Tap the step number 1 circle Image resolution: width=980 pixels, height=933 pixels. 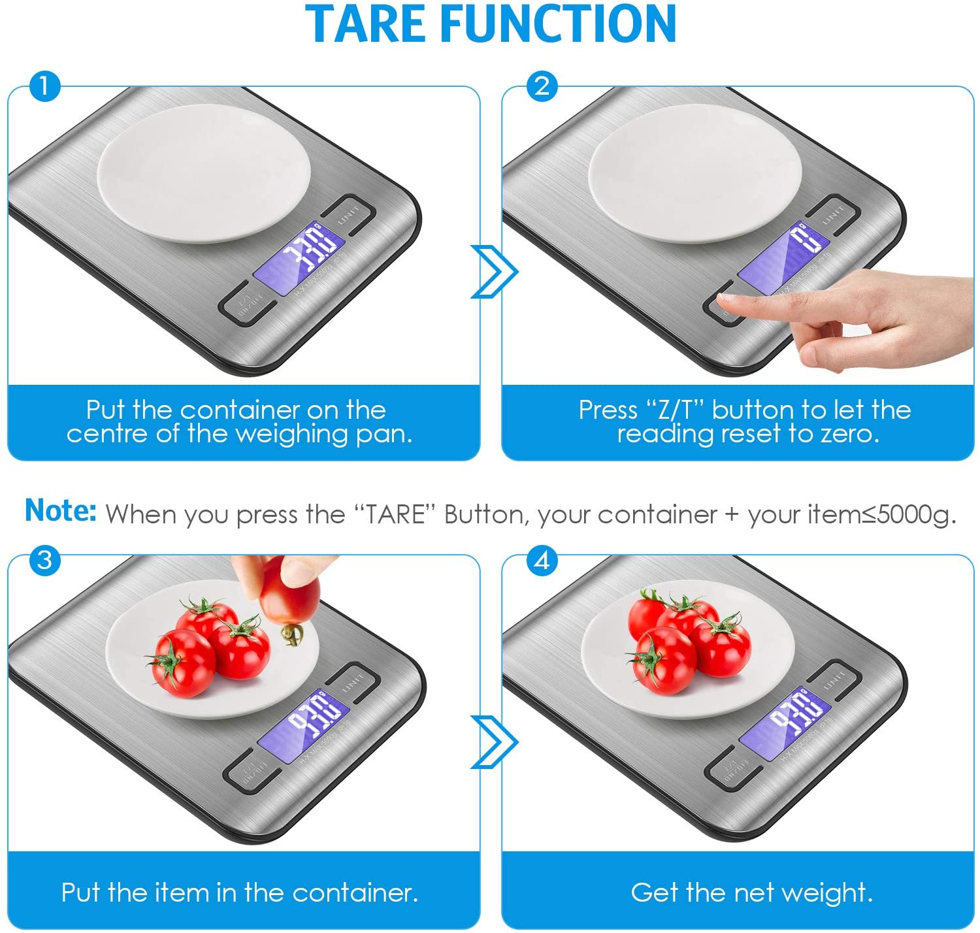(44, 86)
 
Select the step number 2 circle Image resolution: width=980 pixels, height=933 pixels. (542, 86)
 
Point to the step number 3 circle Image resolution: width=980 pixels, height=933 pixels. (44, 560)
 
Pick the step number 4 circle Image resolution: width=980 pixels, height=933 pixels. (542, 560)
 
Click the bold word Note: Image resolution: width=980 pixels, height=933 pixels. (60, 510)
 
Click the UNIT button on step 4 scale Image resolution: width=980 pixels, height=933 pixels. (835, 681)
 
